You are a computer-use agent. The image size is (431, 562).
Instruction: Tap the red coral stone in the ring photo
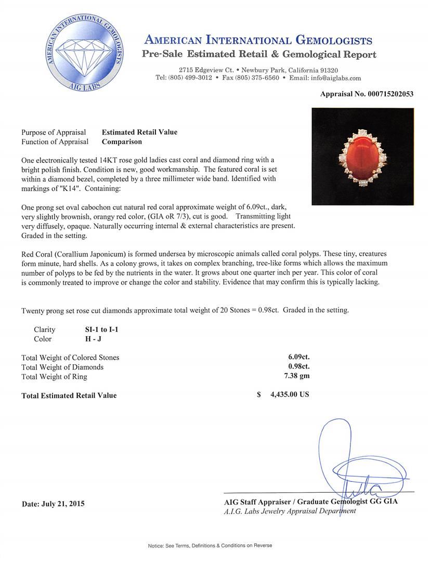pyautogui.click(x=362, y=156)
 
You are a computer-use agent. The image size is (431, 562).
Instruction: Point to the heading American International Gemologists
pyautogui.click(x=258, y=41)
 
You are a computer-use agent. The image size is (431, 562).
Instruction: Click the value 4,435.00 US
pyautogui.click(x=290, y=394)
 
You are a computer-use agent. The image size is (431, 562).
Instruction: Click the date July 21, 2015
pyautogui.click(x=53, y=504)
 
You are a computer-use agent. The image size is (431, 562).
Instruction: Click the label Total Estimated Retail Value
pyautogui.click(x=69, y=395)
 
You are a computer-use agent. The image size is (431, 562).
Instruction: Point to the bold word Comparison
pyautogui.click(x=122, y=142)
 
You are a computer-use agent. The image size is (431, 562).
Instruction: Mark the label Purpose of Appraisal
pyautogui.click(x=54, y=132)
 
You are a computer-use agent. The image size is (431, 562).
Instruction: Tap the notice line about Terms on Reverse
pyautogui.click(x=210, y=545)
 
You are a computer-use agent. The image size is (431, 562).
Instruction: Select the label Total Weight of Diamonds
pyautogui.click(x=62, y=367)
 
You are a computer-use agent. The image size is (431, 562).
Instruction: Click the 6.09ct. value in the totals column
pyautogui.click(x=299, y=357)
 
